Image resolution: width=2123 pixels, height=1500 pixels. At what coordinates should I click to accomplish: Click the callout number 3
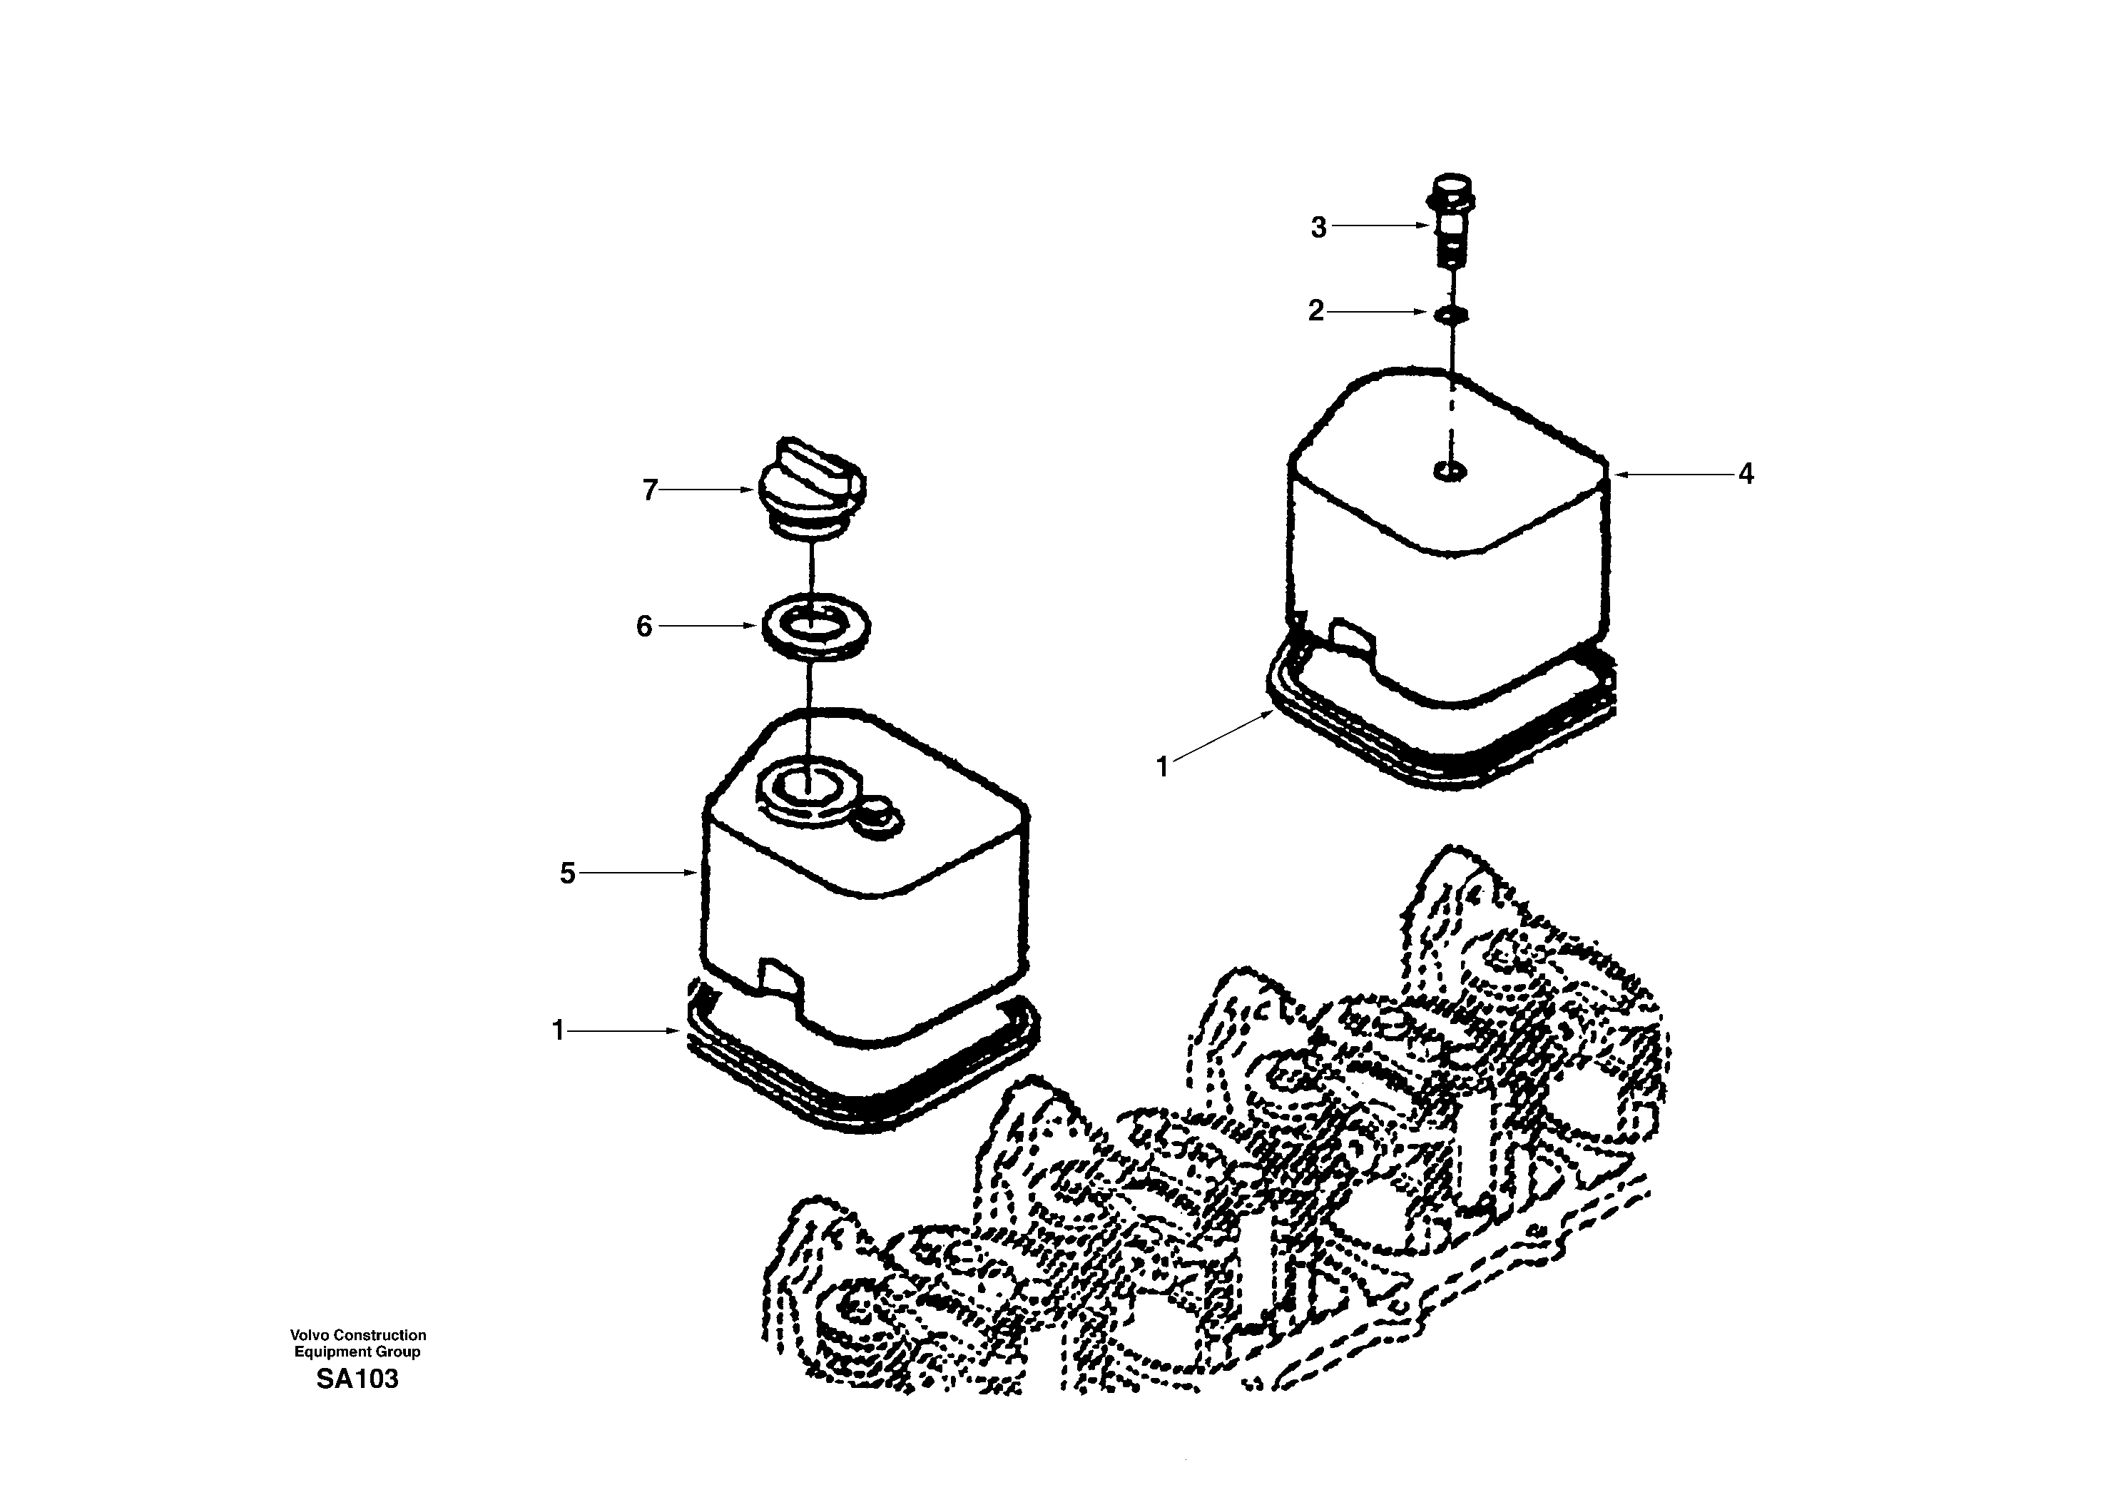pos(1318,228)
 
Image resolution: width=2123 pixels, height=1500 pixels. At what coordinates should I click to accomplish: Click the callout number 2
pos(1315,310)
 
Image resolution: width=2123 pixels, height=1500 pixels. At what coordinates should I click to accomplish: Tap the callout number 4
pos(1745,475)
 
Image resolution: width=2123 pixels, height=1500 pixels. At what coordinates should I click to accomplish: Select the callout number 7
pos(650,490)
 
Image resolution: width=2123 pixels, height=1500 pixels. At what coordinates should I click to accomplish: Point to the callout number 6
pos(644,627)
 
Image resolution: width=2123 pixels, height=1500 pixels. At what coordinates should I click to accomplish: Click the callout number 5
pos(568,873)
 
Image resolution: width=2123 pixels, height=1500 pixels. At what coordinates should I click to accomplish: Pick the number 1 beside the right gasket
pos(1162,766)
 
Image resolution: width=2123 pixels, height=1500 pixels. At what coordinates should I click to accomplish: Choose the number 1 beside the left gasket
pos(558,1030)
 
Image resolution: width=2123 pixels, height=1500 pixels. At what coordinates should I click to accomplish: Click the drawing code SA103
pos(357,1379)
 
